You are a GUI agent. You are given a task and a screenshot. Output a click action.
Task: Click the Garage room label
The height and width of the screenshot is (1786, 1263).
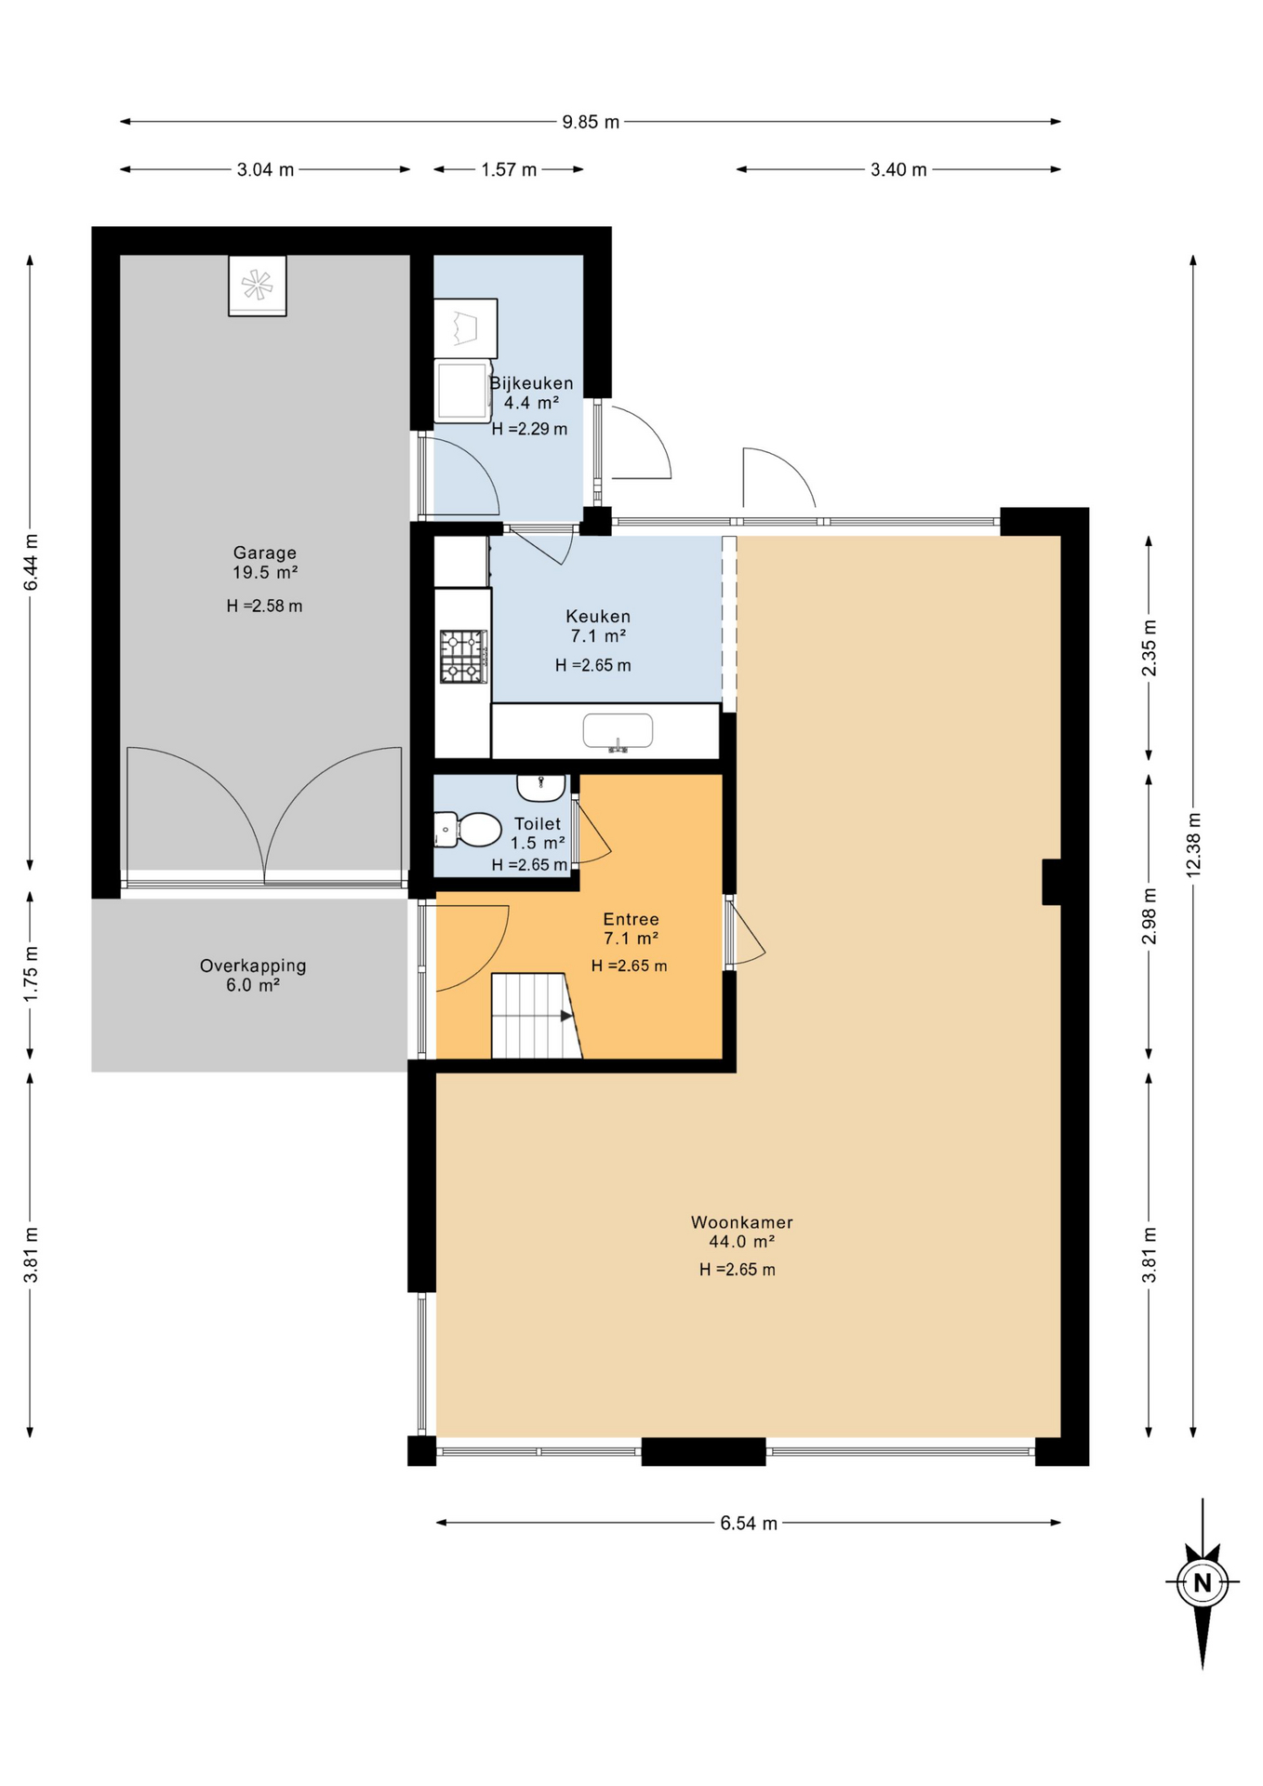tap(265, 553)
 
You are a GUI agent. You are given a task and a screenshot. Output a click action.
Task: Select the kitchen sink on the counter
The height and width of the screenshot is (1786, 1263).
tap(618, 731)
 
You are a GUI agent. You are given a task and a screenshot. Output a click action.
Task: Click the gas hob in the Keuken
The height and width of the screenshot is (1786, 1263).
tap(463, 657)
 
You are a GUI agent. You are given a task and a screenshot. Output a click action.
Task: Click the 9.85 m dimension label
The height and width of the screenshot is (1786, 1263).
tap(591, 122)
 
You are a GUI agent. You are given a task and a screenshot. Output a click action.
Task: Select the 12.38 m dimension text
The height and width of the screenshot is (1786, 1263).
tap(1194, 845)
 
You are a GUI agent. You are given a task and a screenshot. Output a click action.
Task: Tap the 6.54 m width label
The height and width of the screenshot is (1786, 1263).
tap(749, 1523)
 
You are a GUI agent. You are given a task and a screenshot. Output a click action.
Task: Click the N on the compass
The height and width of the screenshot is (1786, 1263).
tap(1203, 1582)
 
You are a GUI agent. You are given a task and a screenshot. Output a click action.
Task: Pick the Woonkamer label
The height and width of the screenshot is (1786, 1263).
tap(742, 1222)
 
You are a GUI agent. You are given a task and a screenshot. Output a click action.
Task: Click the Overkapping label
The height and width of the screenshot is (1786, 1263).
tap(253, 966)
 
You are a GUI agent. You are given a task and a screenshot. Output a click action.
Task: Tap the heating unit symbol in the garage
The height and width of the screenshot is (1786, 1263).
tap(258, 286)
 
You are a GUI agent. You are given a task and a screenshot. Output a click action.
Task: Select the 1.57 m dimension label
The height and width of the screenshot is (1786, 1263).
tap(509, 169)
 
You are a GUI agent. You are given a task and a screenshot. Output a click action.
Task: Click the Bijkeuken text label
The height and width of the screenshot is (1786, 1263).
tap(532, 383)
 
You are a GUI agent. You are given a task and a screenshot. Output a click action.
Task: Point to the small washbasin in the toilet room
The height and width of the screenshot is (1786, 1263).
tap(541, 787)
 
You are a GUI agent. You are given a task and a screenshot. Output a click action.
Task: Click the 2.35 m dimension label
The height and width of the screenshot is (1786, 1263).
tap(1150, 648)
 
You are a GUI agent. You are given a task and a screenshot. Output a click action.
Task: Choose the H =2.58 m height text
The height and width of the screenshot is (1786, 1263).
tap(264, 606)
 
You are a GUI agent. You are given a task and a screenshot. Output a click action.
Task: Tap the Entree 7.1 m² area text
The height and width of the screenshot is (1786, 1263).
tap(631, 939)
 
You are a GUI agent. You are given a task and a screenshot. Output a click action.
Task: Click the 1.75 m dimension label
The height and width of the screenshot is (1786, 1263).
tap(31, 974)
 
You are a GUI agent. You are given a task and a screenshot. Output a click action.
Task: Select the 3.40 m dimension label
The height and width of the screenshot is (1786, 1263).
tap(898, 169)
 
